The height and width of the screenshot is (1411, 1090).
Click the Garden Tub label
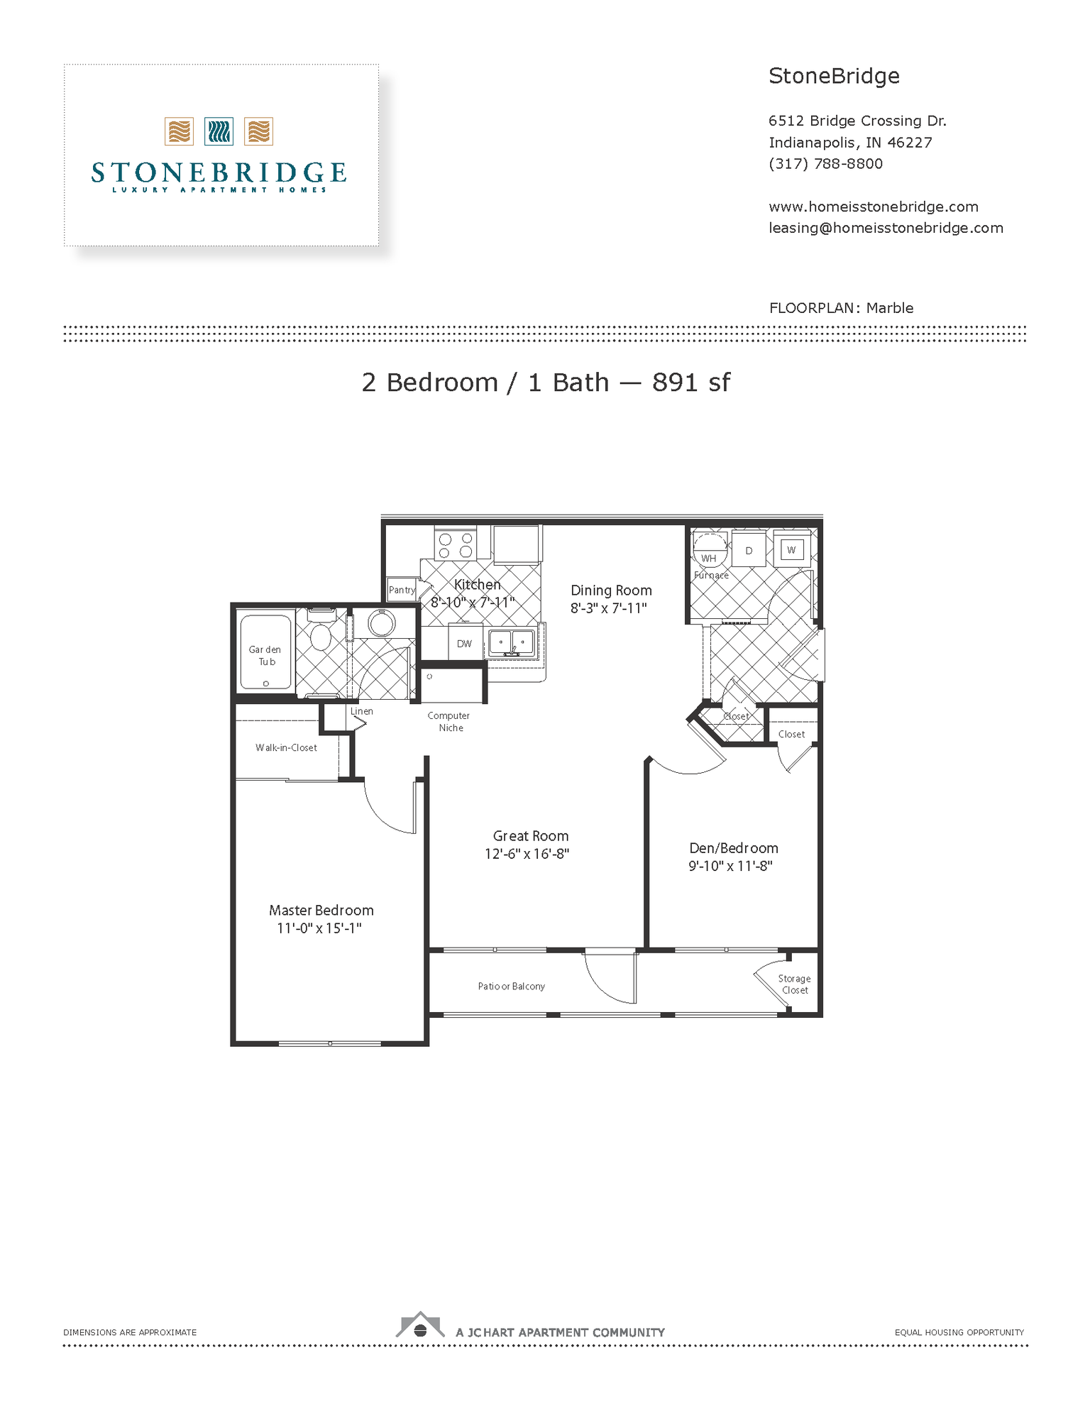pyautogui.click(x=265, y=655)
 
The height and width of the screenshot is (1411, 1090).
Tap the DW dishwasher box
pyautogui.click(x=465, y=644)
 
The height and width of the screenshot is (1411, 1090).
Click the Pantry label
pyautogui.click(x=402, y=590)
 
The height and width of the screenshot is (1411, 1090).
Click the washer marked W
pyautogui.click(x=792, y=549)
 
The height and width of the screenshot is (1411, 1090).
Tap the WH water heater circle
pyautogui.click(x=710, y=550)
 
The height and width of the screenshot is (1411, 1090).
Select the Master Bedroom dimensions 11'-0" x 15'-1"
pyautogui.click(x=319, y=928)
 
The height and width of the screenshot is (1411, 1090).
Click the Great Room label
pyautogui.click(x=531, y=836)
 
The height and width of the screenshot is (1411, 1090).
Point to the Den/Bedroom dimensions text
pyautogui.click(x=730, y=866)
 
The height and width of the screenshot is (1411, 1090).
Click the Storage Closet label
pyautogui.click(x=795, y=984)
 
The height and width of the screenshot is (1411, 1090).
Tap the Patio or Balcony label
pyautogui.click(x=512, y=987)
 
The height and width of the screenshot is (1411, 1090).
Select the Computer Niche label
pyautogui.click(x=449, y=722)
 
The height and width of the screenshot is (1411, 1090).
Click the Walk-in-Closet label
pyautogui.click(x=287, y=748)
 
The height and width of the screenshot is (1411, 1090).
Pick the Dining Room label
pyautogui.click(x=611, y=591)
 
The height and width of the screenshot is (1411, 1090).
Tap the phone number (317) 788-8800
pyautogui.click(x=826, y=164)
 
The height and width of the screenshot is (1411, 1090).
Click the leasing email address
pyautogui.click(x=886, y=228)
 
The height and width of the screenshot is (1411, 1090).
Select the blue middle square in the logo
pyautogui.click(x=219, y=132)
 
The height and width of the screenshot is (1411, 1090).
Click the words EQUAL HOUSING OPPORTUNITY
pyautogui.click(x=959, y=1333)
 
